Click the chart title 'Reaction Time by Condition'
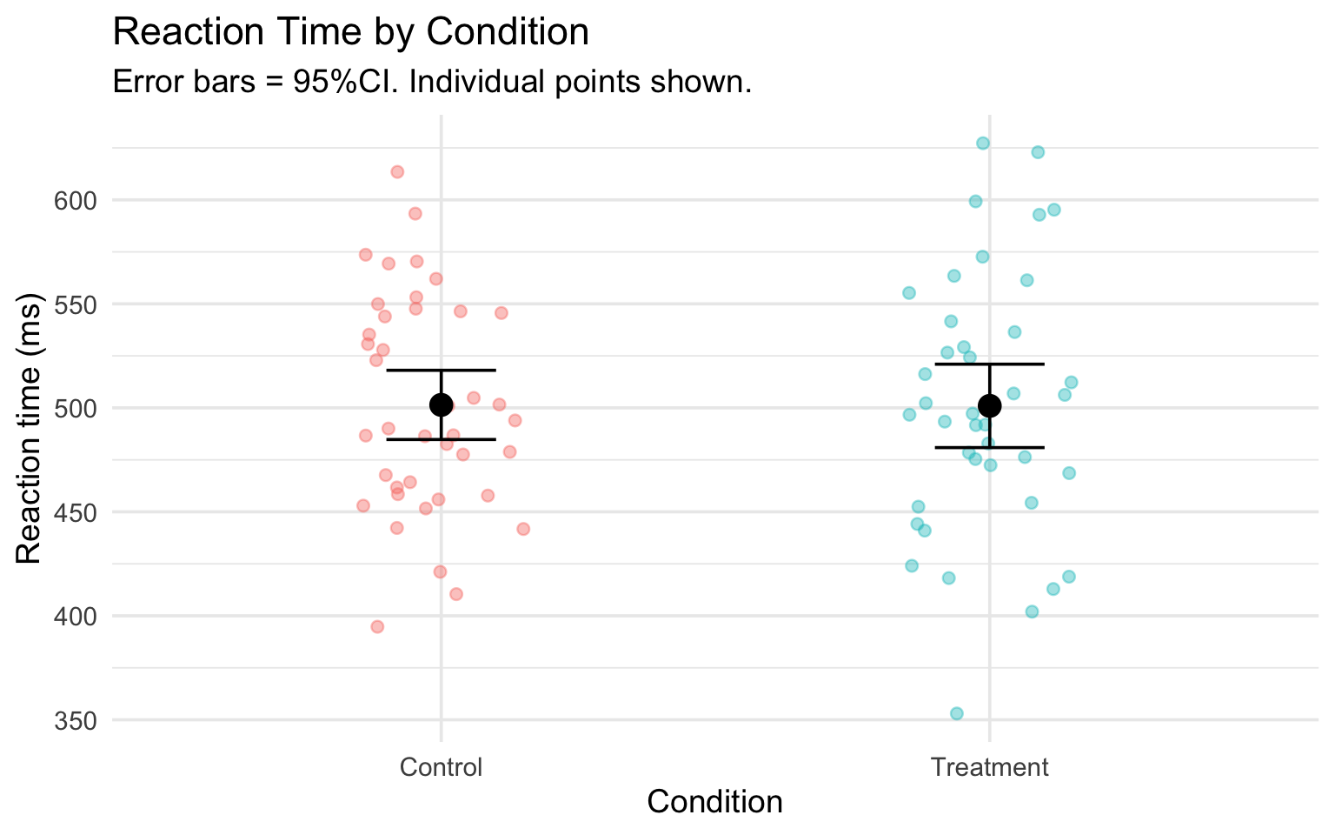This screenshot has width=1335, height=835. pyautogui.click(x=351, y=33)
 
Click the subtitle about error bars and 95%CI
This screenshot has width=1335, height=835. pyautogui.click(x=432, y=83)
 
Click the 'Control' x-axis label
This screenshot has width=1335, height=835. pyautogui.click(x=441, y=767)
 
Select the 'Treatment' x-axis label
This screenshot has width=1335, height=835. pyautogui.click(x=989, y=767)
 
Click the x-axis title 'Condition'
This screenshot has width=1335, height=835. pyautogui.click(x=714, y=802)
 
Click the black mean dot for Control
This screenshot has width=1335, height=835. pyautogui.click(x=441, y=404)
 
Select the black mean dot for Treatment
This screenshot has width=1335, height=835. pyautogui.click(x=989, y=405)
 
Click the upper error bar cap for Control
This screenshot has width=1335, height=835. pyautogui.click(x=441, y=371)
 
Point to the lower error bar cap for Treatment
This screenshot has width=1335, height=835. pyautogui.click(x=989, y=447)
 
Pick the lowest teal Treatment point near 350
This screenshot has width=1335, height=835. pyautogui.click(x=956, y=713)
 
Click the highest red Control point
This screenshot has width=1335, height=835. pyautogui.click(x=397, y=171)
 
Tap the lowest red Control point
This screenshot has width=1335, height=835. pyautogui.click(x=377, y=626)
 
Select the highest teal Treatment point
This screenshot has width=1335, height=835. pyautogui.click(x=983, y=143)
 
